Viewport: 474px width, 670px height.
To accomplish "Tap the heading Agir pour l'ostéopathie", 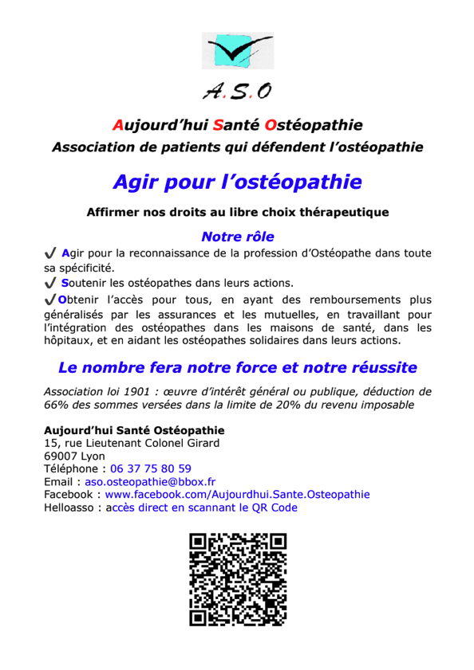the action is tap(237, 182).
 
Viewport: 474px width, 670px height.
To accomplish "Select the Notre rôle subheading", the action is tap(237, 237).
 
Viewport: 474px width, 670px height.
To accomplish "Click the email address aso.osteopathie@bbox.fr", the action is tap(151, 482).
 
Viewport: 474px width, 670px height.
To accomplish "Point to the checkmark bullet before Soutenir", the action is tap(50, 283).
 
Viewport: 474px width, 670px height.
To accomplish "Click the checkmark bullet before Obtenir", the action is tap(50, 300).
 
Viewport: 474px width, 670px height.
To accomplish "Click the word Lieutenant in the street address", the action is tap(108, 443).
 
